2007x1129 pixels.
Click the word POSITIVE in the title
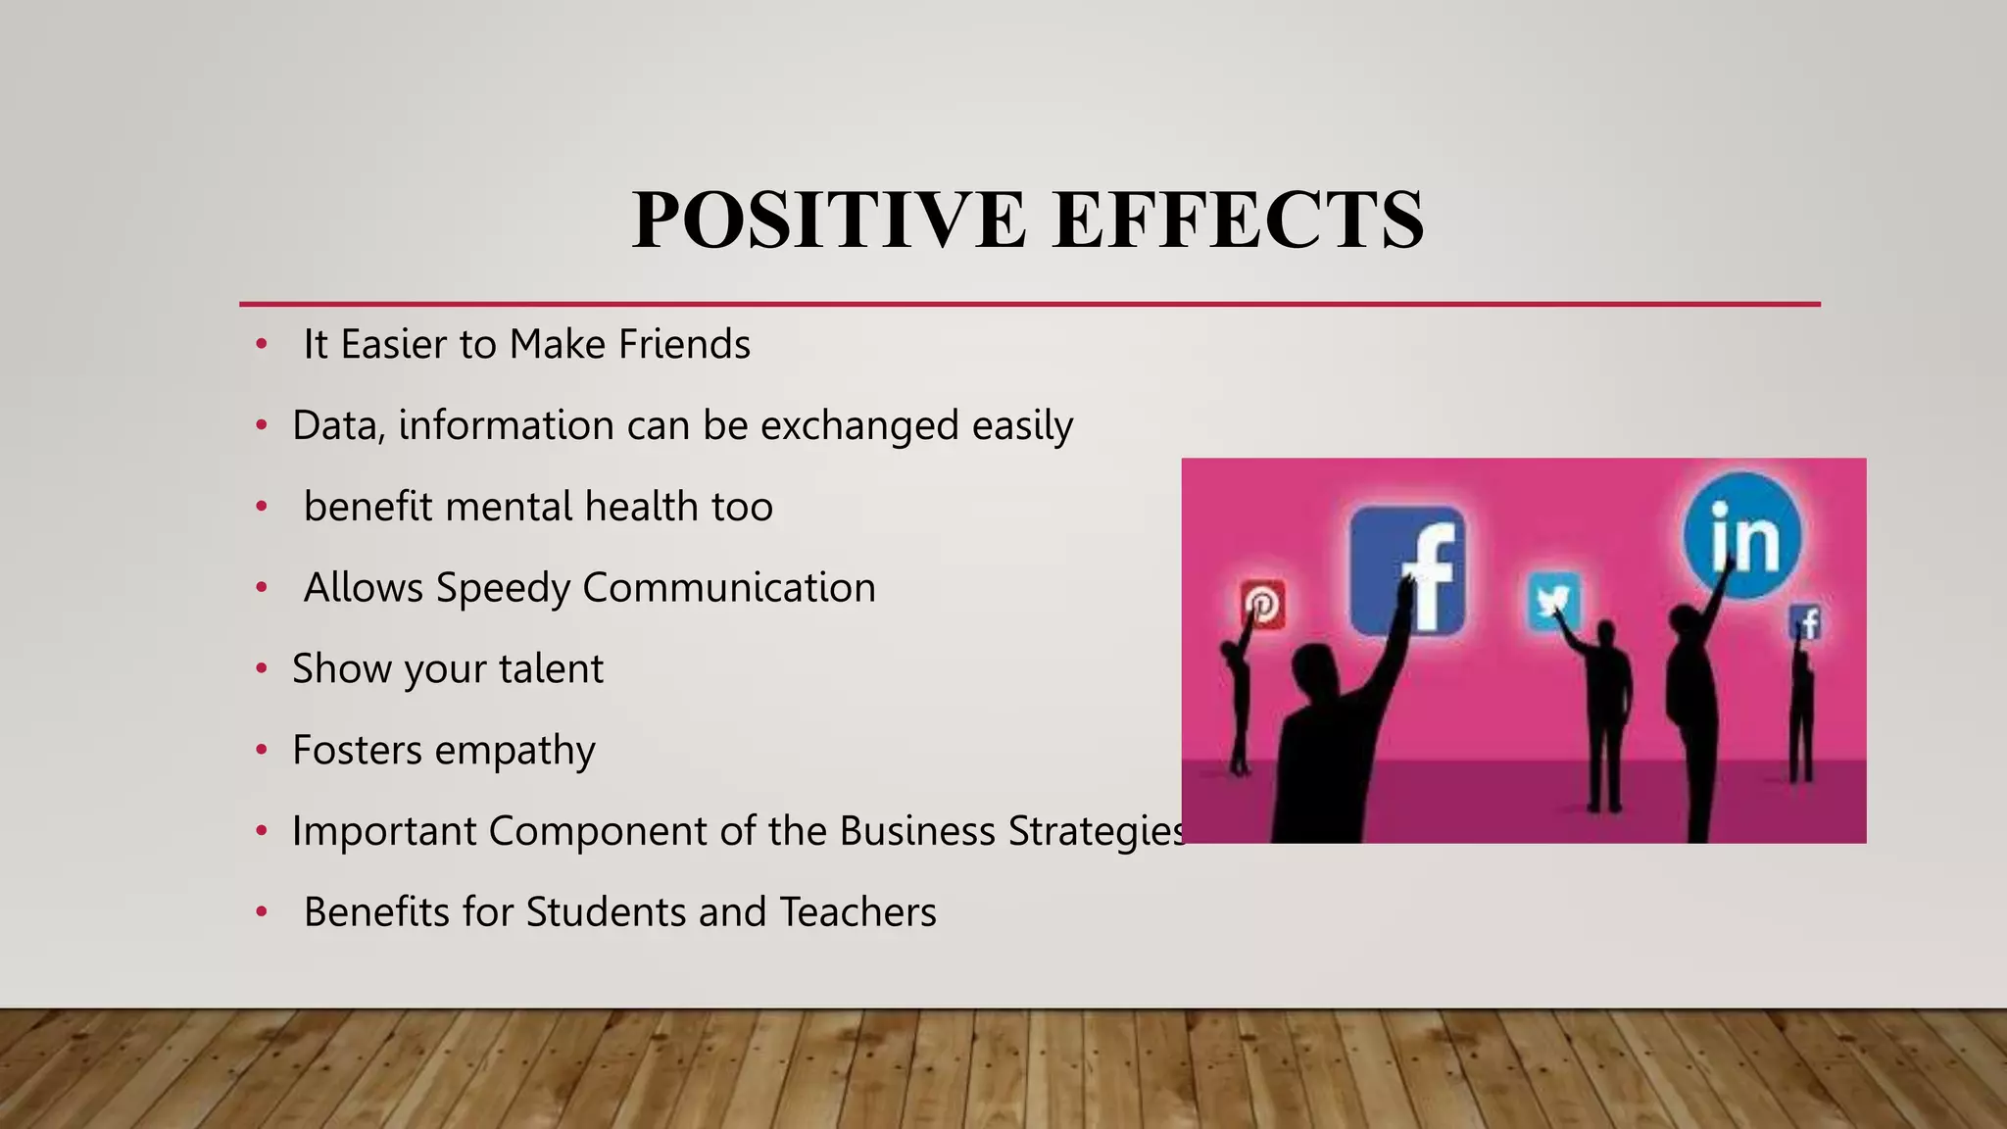point(829,220)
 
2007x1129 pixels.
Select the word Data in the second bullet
point(332,425)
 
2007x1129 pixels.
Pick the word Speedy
point(503,588)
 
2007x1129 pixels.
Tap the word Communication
point(729,588)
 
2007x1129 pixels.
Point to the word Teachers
point(857,912)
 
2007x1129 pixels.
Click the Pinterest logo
point(1263,604)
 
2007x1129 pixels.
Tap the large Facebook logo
point(1407,570)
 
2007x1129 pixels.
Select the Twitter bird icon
point(1553,601)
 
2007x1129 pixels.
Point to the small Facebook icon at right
point(1806,622)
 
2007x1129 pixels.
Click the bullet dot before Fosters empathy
point(262,751)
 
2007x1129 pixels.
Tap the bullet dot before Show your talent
point(262,669)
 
